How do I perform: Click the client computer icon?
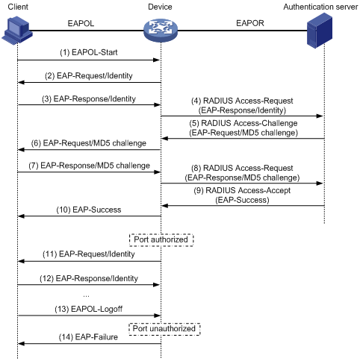coord(17,31)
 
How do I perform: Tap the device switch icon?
coord(161,31)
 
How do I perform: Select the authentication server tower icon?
coord(320,31)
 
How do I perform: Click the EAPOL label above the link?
coord(81,23)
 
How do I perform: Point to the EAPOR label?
coord(250,23)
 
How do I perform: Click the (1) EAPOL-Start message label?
coord(89,52)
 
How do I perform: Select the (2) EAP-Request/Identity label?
coord(89,75)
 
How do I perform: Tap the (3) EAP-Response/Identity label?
coord(89,98)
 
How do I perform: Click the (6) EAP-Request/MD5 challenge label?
coord(89,143)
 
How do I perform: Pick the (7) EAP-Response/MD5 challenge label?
coord(89,166)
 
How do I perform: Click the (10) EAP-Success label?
coord(89,210)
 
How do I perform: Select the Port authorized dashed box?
coord(161,240)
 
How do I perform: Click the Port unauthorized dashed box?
coord(164,329)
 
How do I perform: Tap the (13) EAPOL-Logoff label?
coord(89,309)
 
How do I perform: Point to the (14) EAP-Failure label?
coord(88,337)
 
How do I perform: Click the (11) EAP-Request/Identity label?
coord(89,254)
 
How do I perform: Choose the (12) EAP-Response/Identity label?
coord(89,278)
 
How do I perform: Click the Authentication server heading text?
coord(320,7)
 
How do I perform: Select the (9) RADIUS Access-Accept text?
coord(242,190)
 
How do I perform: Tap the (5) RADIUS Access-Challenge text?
coord(243,123)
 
